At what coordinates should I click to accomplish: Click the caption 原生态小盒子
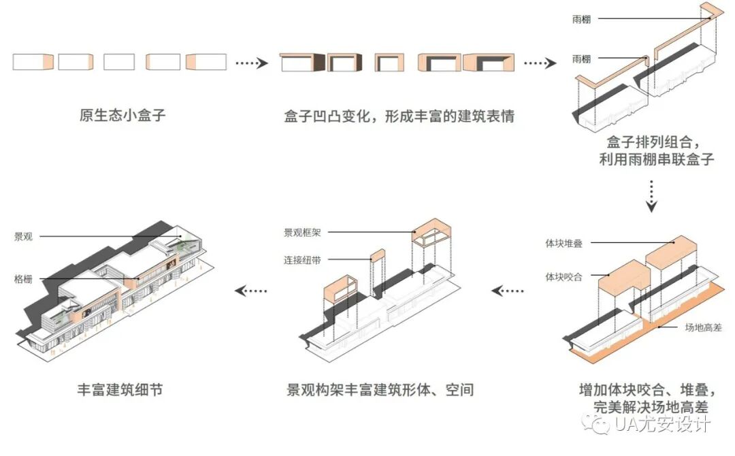(122, 115)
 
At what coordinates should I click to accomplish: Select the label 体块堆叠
(563, 243)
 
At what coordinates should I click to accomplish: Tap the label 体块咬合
(563, 277)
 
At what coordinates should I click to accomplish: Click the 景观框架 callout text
(302, 233)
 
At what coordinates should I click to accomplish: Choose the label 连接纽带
(302, 260)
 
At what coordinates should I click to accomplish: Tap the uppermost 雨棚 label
(581, 20)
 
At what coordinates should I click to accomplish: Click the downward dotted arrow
(651, 196)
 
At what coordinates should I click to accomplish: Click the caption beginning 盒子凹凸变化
(399, 116)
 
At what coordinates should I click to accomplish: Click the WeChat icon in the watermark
(602, 425)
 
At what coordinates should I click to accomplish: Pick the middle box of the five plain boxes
(119, 62)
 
